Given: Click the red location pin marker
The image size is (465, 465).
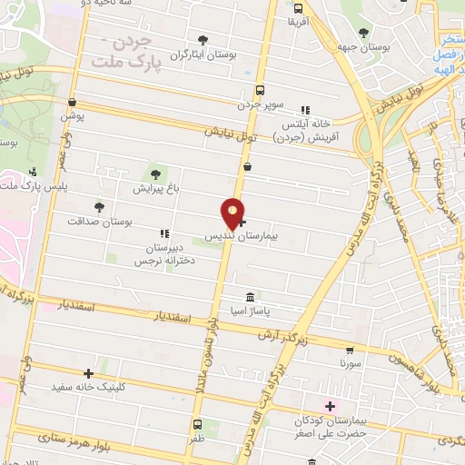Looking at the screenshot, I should coord(233,213).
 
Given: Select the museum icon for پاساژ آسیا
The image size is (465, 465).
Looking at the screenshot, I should coord(250,297).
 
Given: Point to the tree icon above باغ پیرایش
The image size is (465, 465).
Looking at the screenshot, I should coord(155,173).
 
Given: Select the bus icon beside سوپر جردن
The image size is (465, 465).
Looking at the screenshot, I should coord(261,90).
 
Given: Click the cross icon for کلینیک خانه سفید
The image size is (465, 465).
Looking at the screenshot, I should coord(88,372).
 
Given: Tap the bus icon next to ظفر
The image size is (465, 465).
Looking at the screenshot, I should coord(197,423).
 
